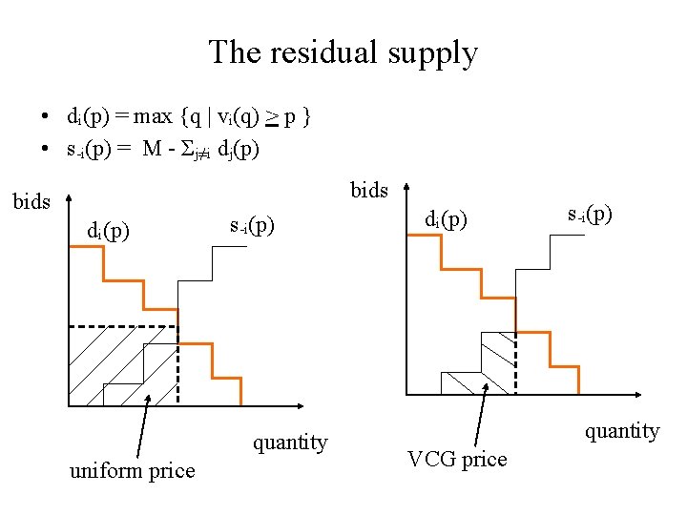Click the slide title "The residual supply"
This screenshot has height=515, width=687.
point(343,51)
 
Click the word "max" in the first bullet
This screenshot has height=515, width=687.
point(153,117)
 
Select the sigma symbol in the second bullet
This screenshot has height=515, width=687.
point(186,150)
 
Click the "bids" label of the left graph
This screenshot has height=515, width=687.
point(31,202)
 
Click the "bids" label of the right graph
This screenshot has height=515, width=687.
point(368,190)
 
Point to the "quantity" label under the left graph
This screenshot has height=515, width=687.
point(289,443)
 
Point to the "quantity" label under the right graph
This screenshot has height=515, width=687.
point(622,431)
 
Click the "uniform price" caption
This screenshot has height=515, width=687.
point(132,470)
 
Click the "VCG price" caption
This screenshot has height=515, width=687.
point(457,459)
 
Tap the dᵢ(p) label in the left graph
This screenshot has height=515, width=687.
point(109,231)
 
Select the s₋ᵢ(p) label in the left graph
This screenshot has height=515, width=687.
point(253,227)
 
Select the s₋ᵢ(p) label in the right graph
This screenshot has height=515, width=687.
point(589,215)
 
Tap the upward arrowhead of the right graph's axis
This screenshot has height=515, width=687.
point(407,189)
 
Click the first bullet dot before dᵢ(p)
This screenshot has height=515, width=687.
point(45,118)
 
